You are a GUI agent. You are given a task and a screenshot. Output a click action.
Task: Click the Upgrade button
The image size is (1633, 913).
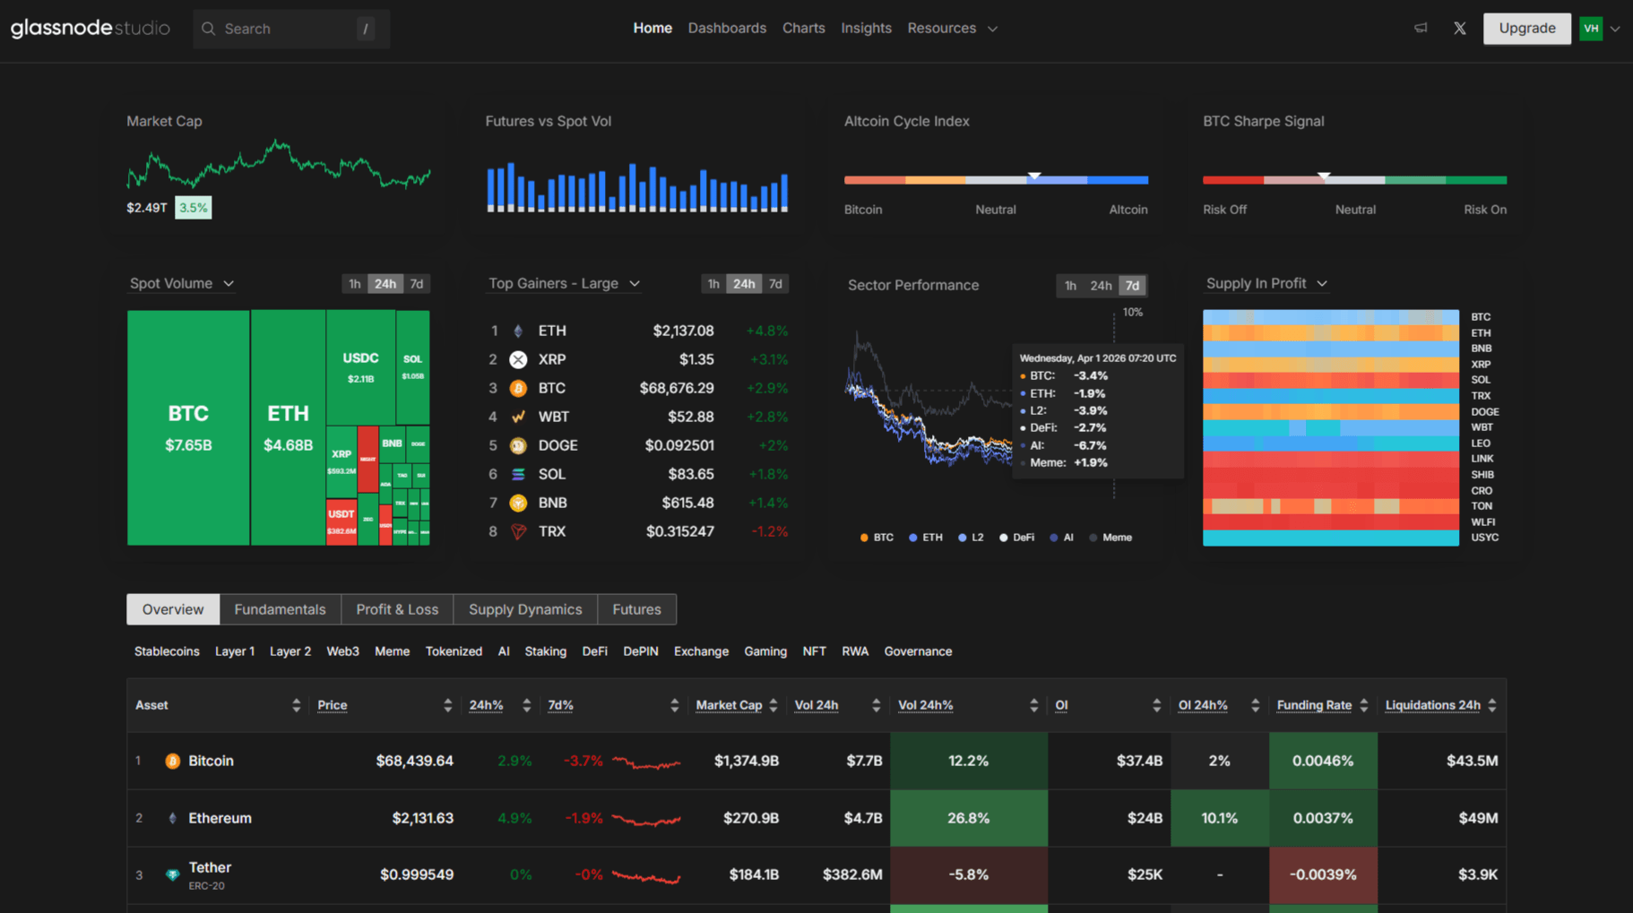coord(1526,29)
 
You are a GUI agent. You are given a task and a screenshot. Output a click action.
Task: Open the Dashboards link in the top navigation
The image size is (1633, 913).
coord(727,29)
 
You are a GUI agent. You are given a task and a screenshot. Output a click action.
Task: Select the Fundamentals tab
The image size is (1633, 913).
coord(280,609)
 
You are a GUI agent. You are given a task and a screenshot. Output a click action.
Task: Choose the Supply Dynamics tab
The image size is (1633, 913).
coord(525,609)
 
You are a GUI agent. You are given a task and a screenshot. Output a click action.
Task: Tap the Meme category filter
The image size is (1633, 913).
coord(392,651)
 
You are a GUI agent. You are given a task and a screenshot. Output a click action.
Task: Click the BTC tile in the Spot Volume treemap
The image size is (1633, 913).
coord(188,427)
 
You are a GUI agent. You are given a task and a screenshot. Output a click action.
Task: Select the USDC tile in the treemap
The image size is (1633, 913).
coord(360,366)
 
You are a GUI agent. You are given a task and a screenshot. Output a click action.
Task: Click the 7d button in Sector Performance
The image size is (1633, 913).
coord(1132,286)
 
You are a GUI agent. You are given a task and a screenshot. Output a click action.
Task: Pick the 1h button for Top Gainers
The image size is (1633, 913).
coord(713,284)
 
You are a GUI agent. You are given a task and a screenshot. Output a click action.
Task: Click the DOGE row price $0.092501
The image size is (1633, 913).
coord(679,445)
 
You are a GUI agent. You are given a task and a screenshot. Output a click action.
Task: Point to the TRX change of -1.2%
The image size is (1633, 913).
coord(769,531)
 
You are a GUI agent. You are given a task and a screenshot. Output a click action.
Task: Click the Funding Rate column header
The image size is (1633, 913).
coord(1313,705)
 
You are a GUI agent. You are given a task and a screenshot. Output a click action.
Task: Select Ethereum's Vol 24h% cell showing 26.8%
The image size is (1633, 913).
coord(968,818)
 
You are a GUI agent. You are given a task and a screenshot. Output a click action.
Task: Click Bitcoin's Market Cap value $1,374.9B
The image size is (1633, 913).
coord(746,761)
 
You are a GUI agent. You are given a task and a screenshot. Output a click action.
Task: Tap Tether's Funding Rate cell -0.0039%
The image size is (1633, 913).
coord(1322,874)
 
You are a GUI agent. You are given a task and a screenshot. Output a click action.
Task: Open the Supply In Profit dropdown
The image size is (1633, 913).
coord(1266,284)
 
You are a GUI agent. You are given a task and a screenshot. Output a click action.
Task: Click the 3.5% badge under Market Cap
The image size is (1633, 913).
coord(193,208)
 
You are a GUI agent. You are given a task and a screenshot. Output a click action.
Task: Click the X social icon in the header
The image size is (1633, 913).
coord(1459,29)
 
